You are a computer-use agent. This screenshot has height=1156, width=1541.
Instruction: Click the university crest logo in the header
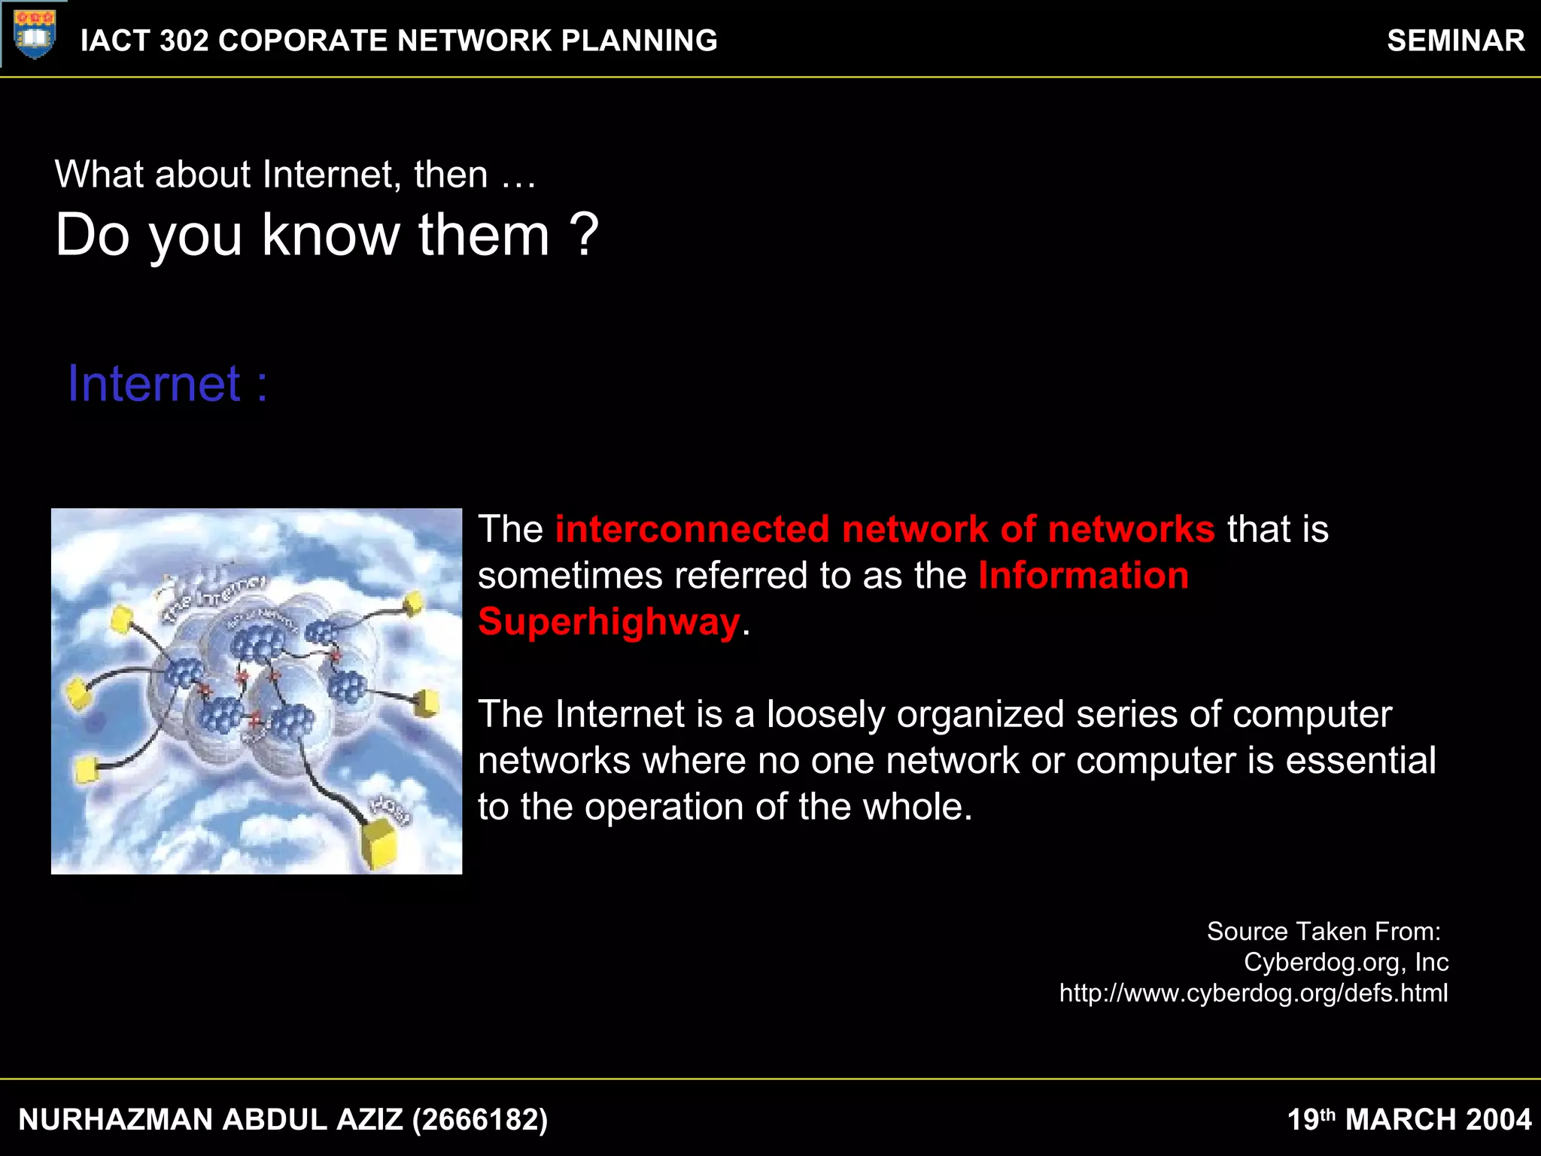tap(35, 34)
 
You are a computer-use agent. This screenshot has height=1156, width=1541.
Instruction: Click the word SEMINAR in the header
tap(1455, 41)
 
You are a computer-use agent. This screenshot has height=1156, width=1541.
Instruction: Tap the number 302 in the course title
tap(184, 41)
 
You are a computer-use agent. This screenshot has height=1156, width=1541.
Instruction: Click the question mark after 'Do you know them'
tap(584, 235)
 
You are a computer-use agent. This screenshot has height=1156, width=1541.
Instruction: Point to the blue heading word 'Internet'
tap(154, 384)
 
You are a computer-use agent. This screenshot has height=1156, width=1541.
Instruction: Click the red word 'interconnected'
tap(692, 529)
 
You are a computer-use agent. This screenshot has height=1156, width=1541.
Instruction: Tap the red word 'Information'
tap(1084, 576)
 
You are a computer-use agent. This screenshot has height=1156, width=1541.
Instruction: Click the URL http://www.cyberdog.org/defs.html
tap(1254, 993)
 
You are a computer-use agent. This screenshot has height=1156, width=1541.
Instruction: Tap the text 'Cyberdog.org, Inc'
tap(1346, 963)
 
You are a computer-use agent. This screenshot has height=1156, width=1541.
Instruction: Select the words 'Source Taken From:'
tap(1324, 932)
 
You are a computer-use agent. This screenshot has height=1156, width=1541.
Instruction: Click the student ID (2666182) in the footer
tap(480, 1120)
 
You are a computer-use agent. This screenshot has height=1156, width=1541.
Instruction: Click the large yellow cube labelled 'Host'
tap(381, 843)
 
